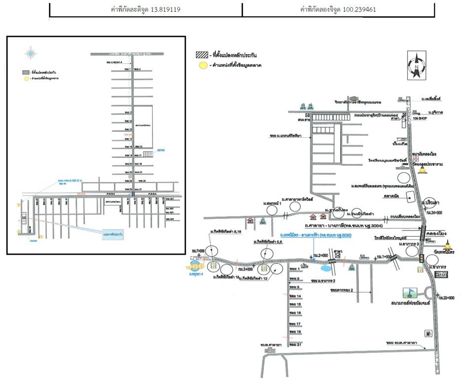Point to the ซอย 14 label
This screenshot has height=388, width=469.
295,296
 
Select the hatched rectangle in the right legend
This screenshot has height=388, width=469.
201,55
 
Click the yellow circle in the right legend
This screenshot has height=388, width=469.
201,65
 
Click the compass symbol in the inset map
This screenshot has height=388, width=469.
31,53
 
